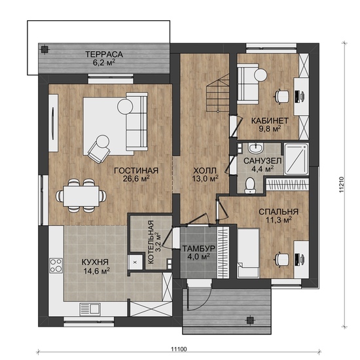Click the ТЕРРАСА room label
(104, 54)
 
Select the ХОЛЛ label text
(205, 171)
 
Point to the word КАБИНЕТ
(270, 121)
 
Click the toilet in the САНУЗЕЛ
(249, 185)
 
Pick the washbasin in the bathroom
(255, 148)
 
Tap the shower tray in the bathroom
(296, 159)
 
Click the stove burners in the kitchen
(56, 265)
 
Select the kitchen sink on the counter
(90, 308)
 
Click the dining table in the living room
(81, 196)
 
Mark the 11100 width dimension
(179, 350)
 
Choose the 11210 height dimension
(342, 184)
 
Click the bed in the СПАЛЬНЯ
(248, 253)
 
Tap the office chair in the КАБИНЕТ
(281, 96)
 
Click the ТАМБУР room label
(199, 248)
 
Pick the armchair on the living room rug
(99, 149)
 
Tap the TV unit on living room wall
(53, 123)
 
